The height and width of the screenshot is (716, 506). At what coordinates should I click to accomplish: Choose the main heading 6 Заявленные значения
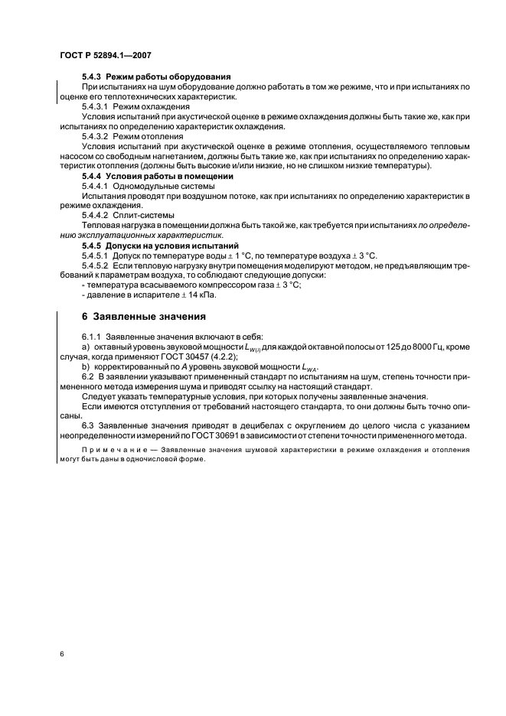(x=143, y=317)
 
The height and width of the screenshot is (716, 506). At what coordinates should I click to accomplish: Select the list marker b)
(x=86, y=366)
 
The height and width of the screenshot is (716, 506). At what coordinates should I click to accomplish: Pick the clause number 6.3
(x=87, y=425)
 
